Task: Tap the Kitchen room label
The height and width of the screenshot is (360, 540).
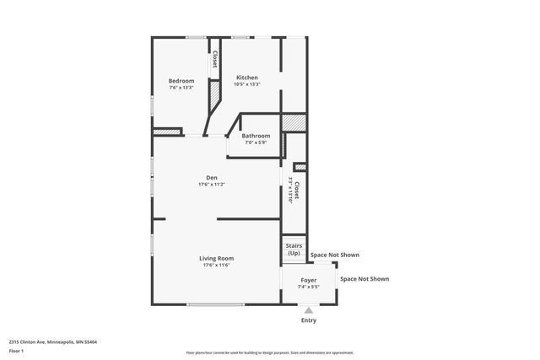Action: point(246,78)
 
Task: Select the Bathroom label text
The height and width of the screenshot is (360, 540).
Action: point(256,136)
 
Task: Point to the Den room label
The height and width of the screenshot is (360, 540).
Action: point(211,177)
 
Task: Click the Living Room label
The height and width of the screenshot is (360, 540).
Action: point(216,258)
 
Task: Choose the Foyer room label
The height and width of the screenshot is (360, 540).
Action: point(309,279)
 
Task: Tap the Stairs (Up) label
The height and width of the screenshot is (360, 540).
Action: point(294,250)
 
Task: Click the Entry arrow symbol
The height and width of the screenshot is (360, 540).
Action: point(309,310)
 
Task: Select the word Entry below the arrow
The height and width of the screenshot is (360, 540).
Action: point(309,320)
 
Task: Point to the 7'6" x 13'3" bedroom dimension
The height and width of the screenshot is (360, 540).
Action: point(181,88)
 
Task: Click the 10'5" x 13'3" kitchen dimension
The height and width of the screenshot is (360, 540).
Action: point(246,84)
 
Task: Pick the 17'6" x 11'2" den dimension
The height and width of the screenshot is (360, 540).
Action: point(211,185)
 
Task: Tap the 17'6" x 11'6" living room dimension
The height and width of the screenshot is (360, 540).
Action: point(216,266)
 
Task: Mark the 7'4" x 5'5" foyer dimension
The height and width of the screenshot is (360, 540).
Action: point(309,287)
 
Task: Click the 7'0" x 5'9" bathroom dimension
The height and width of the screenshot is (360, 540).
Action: point(256,142)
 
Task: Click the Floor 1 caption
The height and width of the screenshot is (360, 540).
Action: point(16,350)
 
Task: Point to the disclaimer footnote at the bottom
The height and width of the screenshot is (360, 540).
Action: point(270,352)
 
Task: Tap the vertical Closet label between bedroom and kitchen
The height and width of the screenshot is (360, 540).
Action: point(215,59)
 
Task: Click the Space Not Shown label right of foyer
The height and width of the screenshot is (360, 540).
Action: point(364,279)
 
